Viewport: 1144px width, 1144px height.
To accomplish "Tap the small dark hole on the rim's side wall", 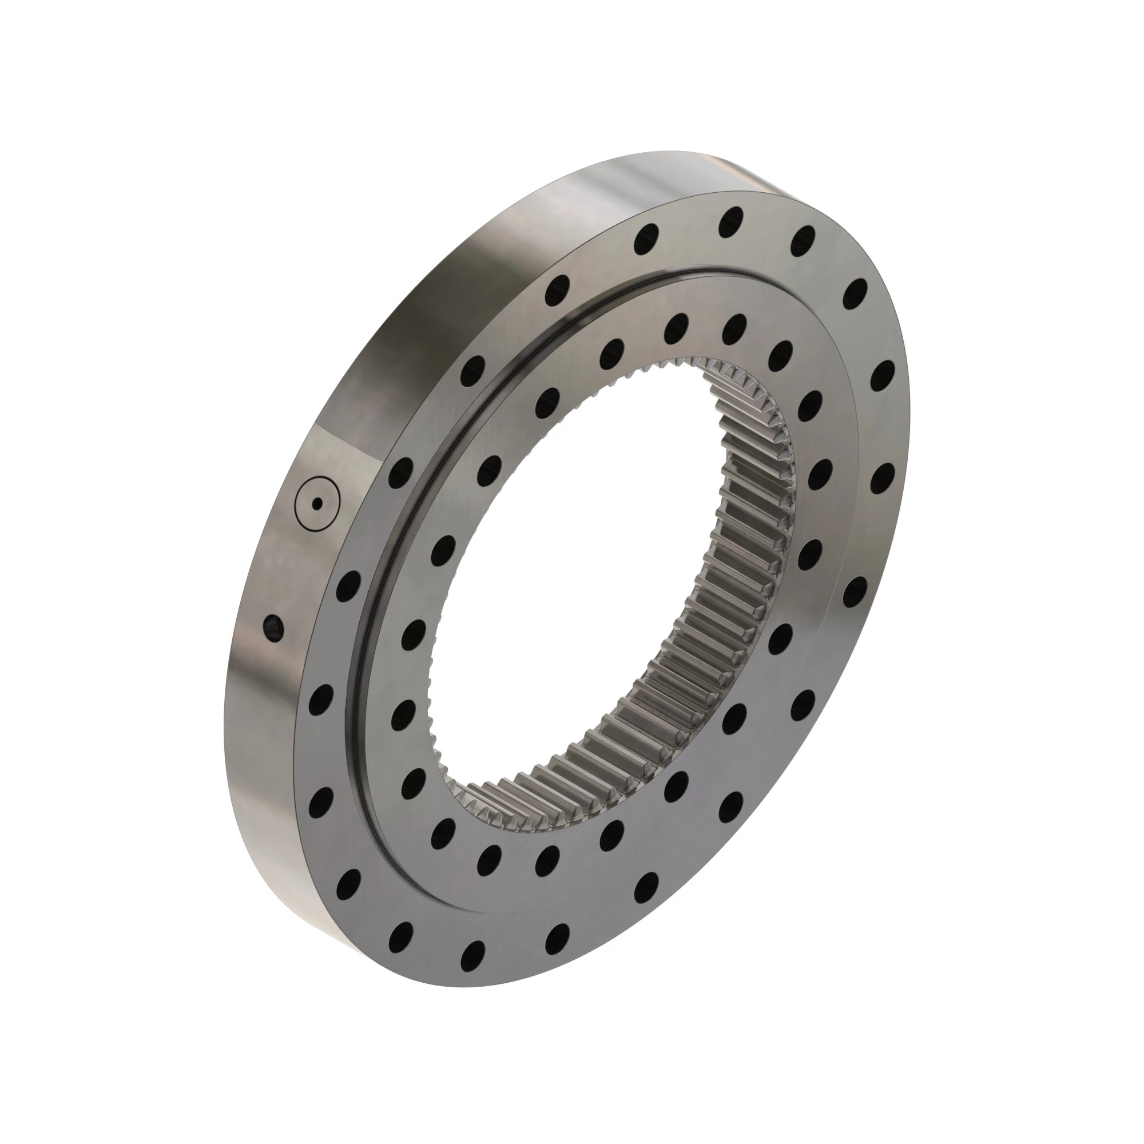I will point(273,627).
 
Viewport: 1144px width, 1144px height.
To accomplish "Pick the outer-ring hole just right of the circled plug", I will point(401,471).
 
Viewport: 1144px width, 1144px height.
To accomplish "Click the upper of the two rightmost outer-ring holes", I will point(883,374).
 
